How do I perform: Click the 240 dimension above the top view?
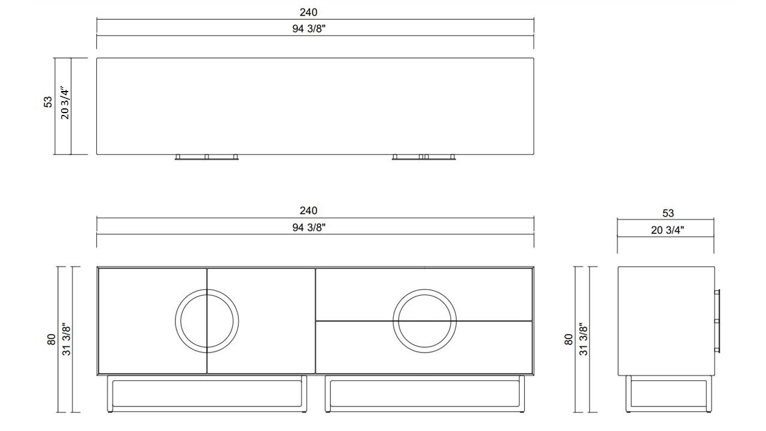tap(308, 13)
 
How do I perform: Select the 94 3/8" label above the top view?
tap(309, 29)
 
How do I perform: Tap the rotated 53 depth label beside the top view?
tap(48, 102)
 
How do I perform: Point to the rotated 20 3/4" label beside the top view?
tap(65, 102)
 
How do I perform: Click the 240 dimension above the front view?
tap(308, 211)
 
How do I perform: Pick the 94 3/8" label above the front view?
tap(309, 227)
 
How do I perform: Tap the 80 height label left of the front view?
tap(51, 339)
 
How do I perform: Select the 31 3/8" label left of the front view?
tap(66, 339)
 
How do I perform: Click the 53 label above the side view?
tap(668, 213)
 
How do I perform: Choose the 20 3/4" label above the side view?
tap(667, 230)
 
